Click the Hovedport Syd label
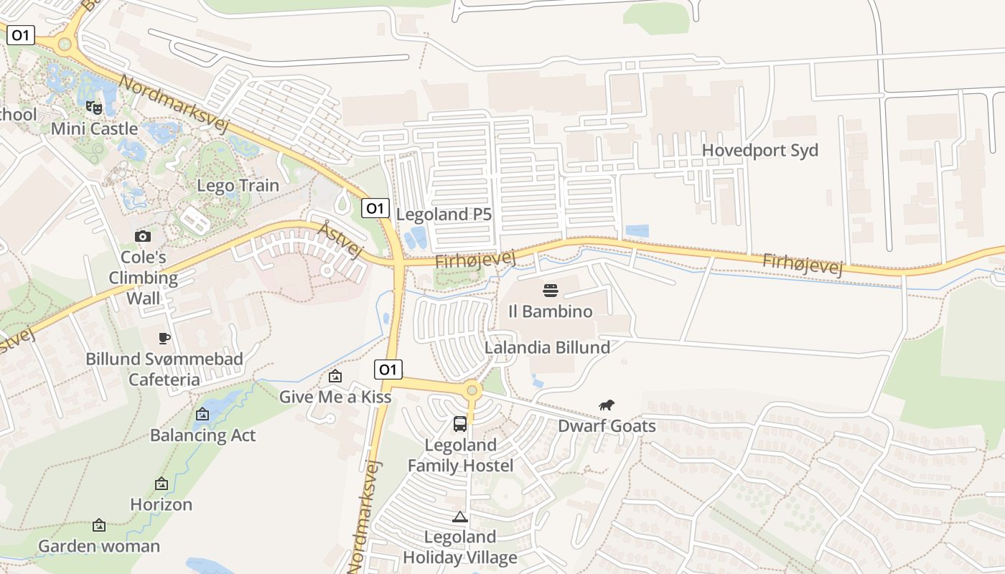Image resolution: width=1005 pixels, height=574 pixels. (759, 151)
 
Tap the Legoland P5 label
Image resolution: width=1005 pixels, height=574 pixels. (444, 214)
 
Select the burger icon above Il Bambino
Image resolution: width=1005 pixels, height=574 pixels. (551, 291)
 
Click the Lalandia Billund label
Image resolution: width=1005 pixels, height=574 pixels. (548, 347)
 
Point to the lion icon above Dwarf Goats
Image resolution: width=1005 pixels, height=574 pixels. (607, 405)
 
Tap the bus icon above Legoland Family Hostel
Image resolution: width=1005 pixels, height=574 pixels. (460, 424)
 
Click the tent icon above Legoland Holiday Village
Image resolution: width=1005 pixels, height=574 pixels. (459, 517)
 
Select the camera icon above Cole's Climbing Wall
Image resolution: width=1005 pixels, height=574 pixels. (143, 236)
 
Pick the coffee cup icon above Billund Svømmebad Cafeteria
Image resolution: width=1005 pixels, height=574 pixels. (164, 338)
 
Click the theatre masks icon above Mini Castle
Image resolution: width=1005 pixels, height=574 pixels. (94, 108)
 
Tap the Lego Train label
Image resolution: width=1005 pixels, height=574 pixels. (238, 185)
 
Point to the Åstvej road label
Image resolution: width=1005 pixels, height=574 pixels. (340, 240)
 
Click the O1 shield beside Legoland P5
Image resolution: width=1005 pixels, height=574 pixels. (375, 208)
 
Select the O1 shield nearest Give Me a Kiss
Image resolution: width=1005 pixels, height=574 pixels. (388, 370)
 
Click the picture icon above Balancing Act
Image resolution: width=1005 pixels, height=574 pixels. (202, 414)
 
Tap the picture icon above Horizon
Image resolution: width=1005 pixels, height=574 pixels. (162, 484)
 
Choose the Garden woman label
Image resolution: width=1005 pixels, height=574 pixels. (99, 546)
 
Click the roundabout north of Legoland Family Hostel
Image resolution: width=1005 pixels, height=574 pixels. (472, 391)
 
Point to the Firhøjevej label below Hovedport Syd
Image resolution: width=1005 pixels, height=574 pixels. (802, 263)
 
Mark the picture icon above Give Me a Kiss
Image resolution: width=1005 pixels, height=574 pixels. (335, 376)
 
